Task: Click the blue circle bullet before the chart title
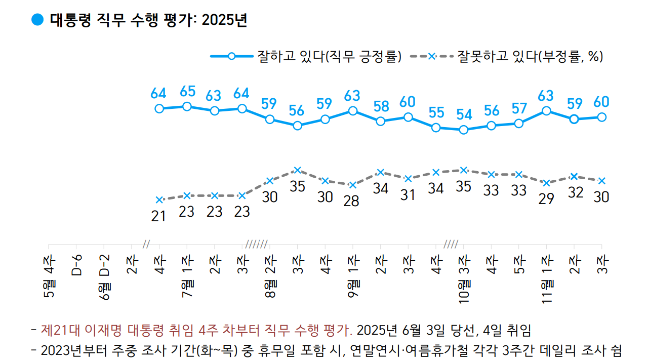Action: click(x=38, y=20)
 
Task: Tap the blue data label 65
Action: click(x=187, y=92)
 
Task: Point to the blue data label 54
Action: click(x=463, y=114)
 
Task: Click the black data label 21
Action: click(x=159, y=216)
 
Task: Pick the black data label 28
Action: click(x=352, y=201)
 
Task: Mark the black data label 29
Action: click(x=546, y=199)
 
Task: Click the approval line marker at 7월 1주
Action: click(x=187, y=106)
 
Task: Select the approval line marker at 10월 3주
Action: click(x=463, y=130)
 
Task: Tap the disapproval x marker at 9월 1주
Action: click(x=353, y=185)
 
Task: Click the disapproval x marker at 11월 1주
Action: click(x=546, y=183)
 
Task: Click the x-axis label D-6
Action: click(x=77, y=266)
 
